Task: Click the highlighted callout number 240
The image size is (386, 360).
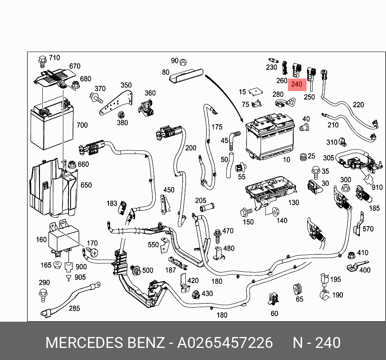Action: tap(296, 84)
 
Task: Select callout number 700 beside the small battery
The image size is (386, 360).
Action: tap(82, 125)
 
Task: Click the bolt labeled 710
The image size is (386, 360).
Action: tap(42, 60)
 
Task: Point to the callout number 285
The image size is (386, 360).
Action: tap(74, 308)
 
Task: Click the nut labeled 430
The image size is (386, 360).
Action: tap(196, 293)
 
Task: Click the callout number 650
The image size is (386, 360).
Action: tap(86, 185)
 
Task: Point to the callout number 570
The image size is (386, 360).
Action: tap(368, 229)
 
